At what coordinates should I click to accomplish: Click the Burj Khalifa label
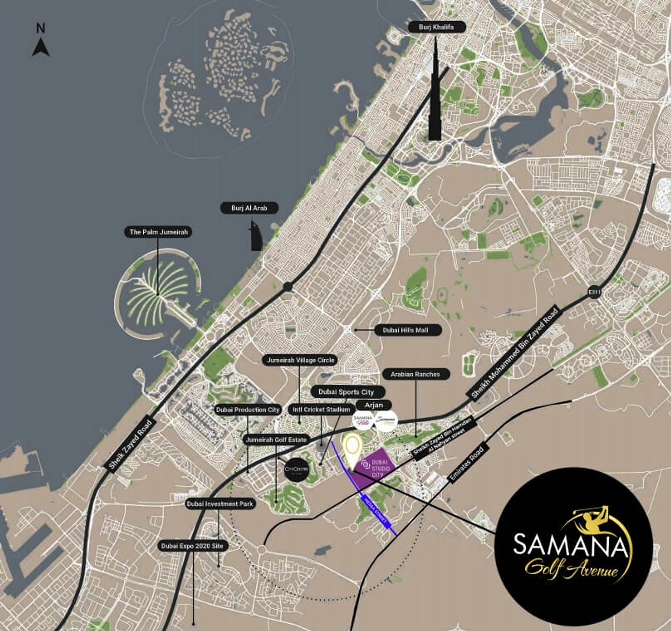point(437,27)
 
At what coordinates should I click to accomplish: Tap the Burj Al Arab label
point(249,208)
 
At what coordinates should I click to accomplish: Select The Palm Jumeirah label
point(159,232)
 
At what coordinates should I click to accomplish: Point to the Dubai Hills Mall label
point(405,330)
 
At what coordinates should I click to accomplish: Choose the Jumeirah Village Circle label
point(300,360)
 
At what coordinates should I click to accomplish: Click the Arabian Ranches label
point(415,374)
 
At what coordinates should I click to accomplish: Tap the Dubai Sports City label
point(346,392)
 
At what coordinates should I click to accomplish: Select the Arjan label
point(374,405)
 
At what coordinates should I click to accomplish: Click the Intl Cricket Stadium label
point(321,410)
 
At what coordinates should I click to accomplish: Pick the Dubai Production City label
point(248,410)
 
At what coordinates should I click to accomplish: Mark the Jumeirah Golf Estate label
point(276,440)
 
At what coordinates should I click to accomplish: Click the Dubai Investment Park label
point(220,504)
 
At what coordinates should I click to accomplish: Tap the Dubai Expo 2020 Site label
point(192,546)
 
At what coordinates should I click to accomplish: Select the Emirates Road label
point(466,464)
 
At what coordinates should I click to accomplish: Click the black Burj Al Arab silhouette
point(255,237)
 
